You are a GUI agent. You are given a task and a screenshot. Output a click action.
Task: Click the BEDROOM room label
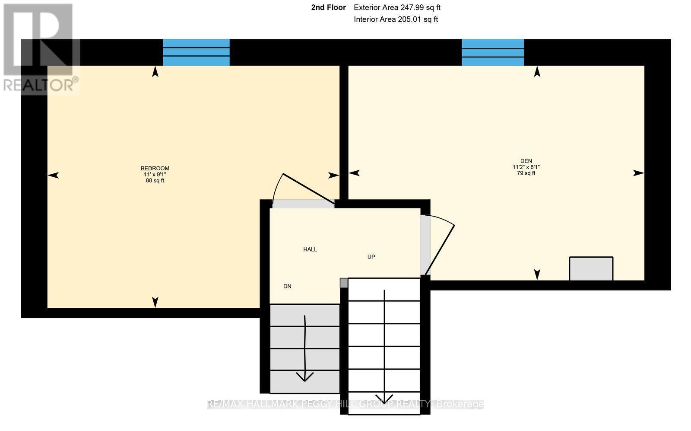click(155, 168)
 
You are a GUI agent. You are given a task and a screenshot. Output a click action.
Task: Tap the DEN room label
click(526, 161)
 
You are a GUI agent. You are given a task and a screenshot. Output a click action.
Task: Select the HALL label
click(310, 249)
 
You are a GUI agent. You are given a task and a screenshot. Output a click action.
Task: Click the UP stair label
click(371, 257)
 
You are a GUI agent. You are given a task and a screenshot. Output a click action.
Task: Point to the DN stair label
click(287, 286)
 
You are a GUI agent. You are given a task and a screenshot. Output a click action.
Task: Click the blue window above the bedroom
click(196, 52)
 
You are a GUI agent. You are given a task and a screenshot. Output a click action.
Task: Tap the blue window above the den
click(493, 52)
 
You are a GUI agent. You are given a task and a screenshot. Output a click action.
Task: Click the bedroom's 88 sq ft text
click(155, 181)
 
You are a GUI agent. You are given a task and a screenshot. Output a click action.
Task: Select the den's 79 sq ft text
click(526, 173)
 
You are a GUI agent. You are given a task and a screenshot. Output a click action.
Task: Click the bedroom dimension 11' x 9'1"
click(155, 175)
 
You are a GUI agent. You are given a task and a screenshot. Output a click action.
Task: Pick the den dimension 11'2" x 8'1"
click(526, 167)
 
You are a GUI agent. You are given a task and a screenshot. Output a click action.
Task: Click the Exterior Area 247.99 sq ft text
click(397, 7)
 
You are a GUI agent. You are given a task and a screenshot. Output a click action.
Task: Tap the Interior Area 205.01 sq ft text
click(396, 19)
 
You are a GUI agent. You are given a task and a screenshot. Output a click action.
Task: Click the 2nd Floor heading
click(328, 7)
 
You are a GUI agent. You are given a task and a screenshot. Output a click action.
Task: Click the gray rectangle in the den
click(591, 268)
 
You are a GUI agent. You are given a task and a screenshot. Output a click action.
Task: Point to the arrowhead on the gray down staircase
click(305, 377)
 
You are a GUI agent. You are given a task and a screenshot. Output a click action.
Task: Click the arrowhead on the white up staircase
click(384, 398)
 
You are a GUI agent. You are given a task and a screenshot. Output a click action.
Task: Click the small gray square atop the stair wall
click(344, 283)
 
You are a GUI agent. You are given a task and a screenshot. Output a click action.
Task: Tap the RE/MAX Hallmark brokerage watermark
click(345, 404)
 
